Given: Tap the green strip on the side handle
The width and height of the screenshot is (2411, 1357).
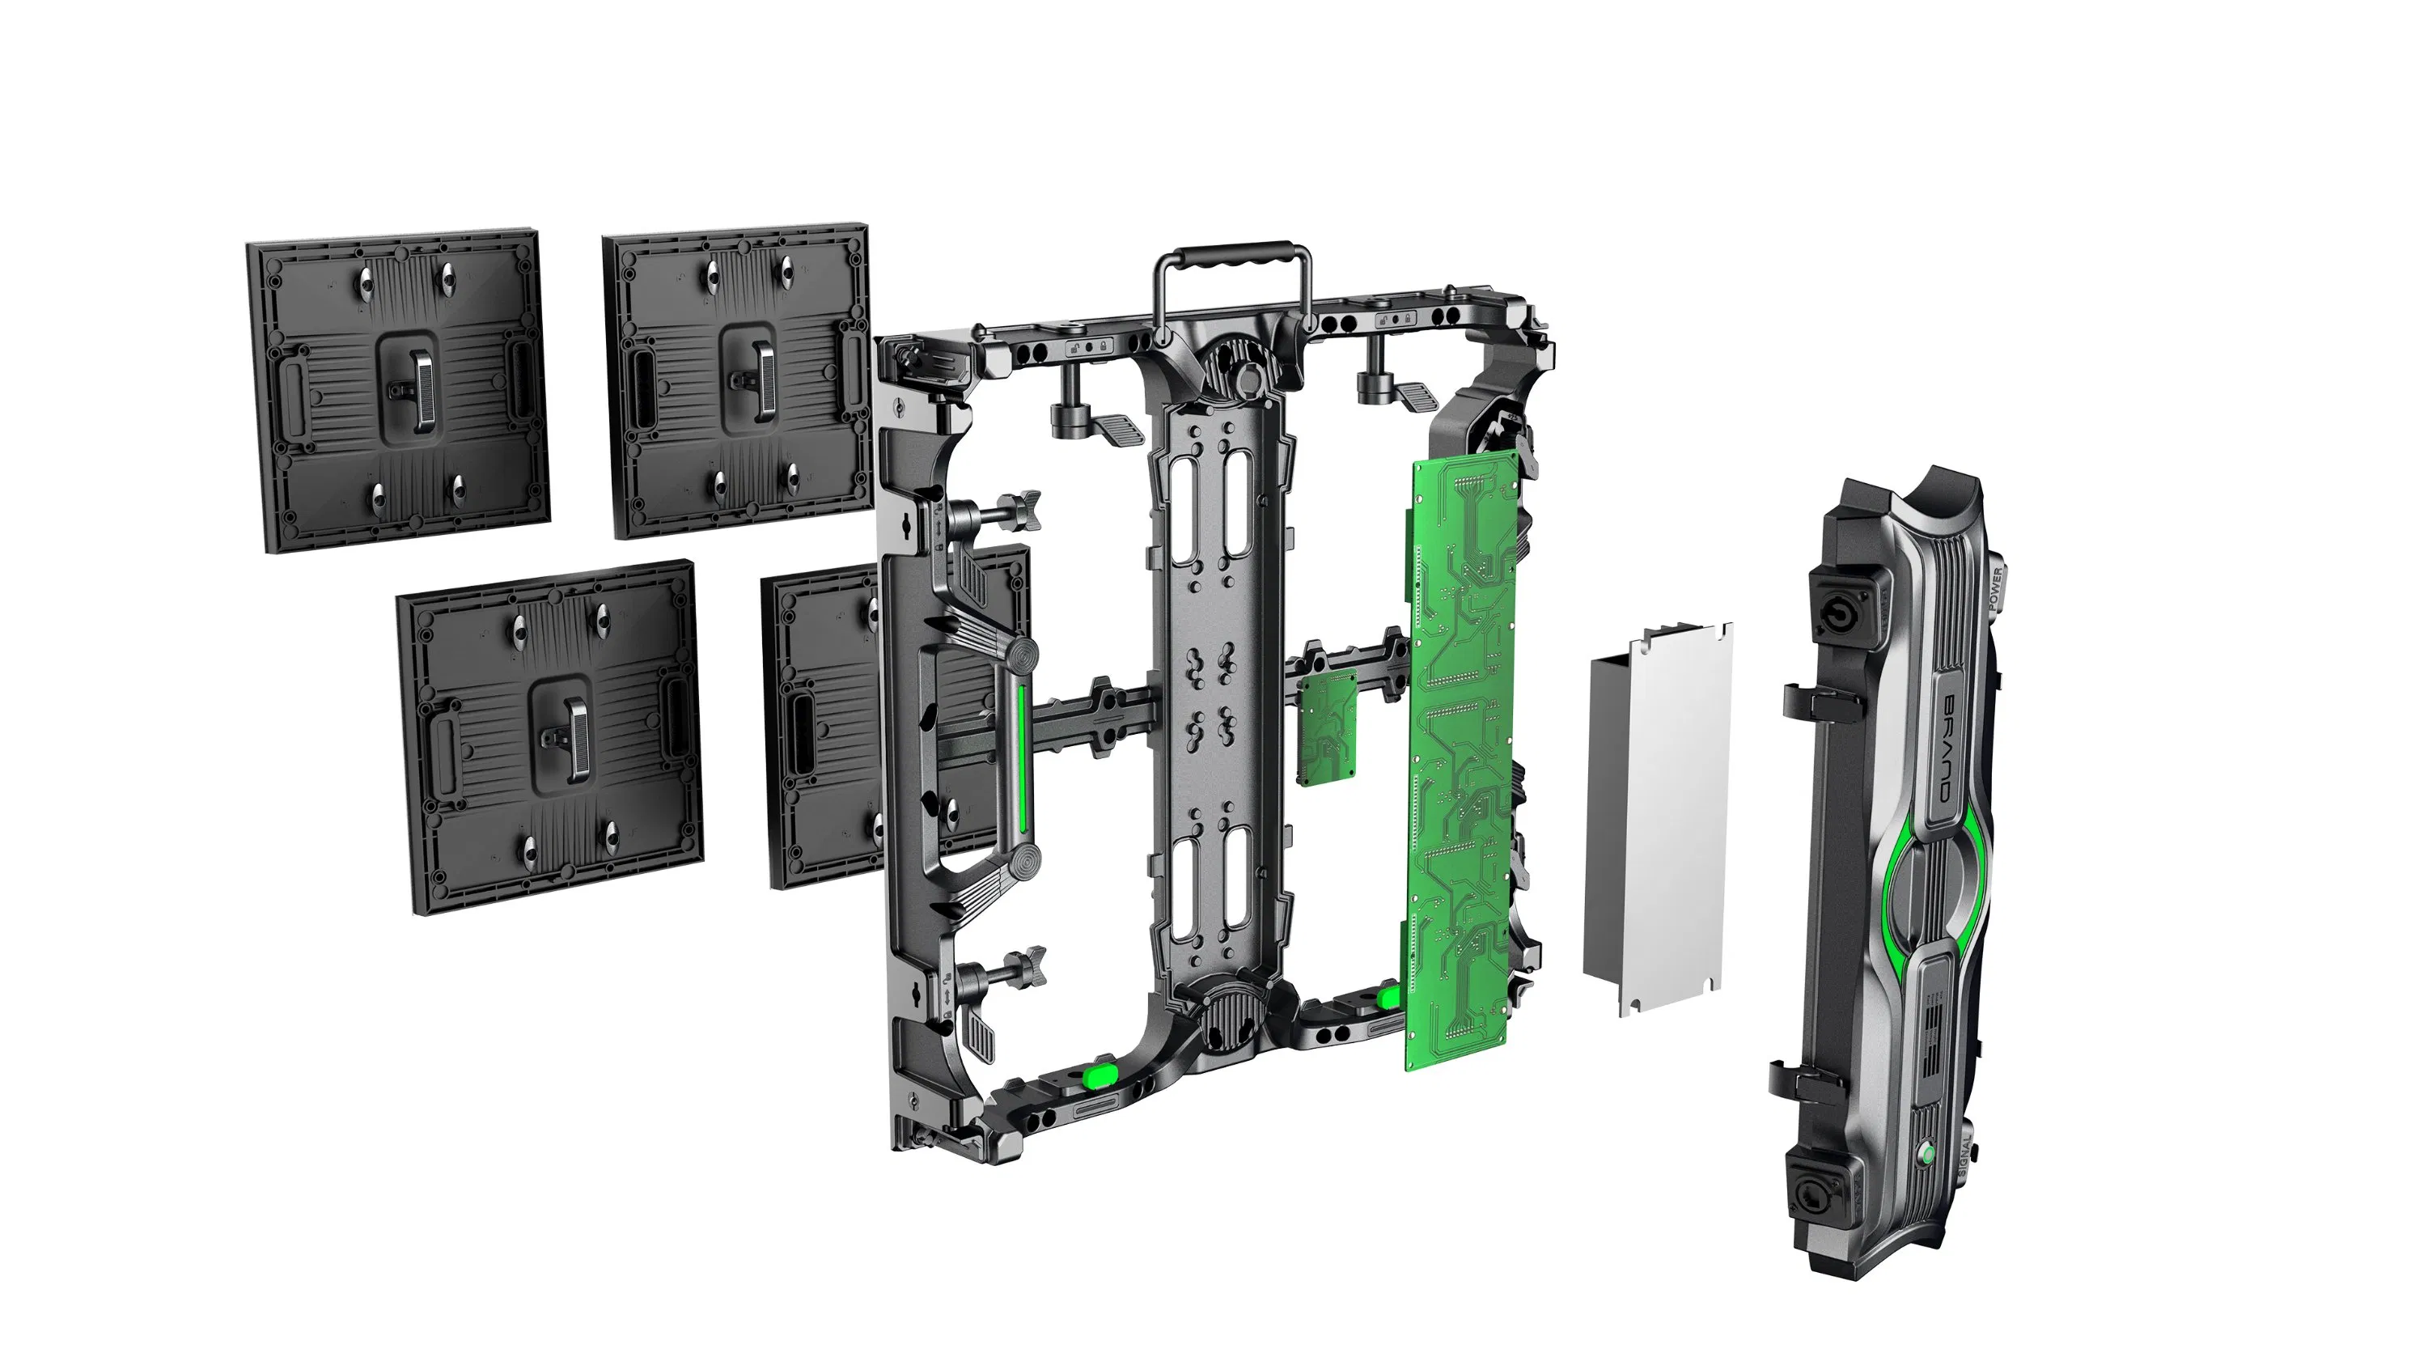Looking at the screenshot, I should pyautogui.click(x=1021, y=758).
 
